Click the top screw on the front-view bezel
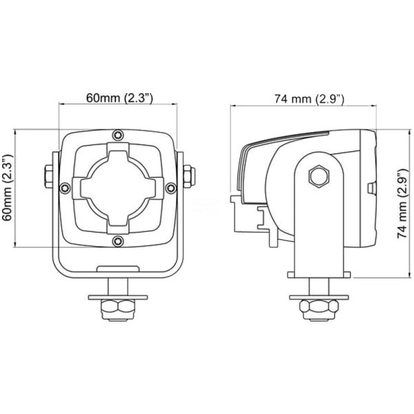(119, 133)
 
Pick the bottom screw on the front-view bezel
(119, 240)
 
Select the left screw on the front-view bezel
(65, 187)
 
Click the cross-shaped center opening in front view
(119, 187)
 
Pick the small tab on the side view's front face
(372, 188)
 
